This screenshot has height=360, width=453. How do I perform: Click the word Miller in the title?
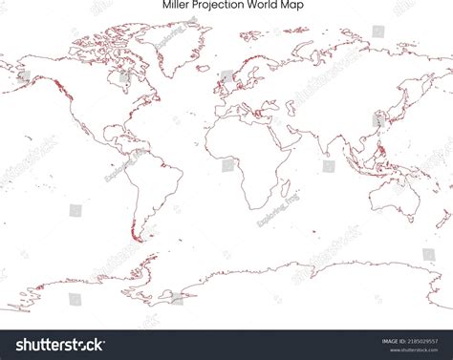[177, 5]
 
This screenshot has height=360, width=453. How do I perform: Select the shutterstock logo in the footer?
[54, 344]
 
